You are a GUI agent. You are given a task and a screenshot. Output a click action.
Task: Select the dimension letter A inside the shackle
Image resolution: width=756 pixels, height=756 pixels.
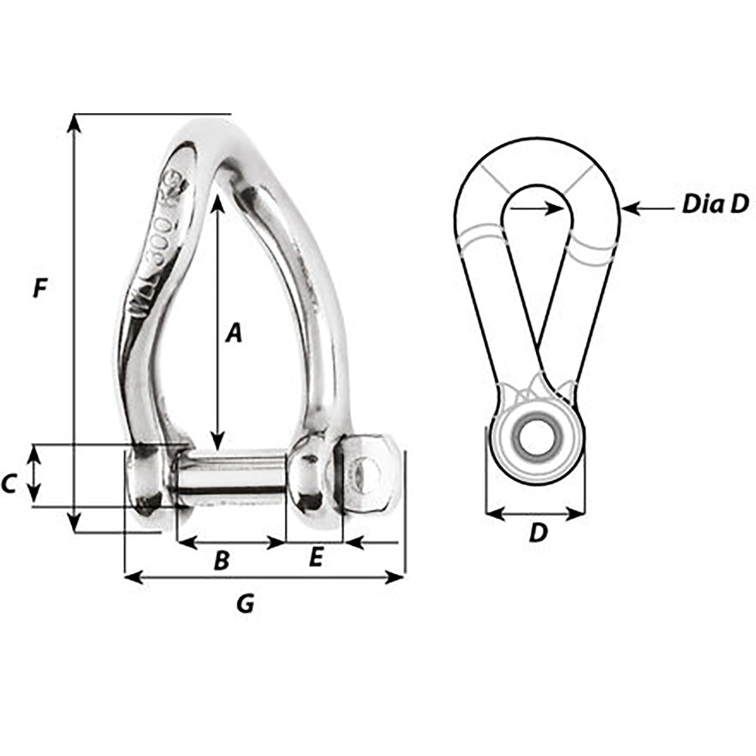(234, 332)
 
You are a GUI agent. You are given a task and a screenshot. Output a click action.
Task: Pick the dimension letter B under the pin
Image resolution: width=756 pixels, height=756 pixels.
(221, 560)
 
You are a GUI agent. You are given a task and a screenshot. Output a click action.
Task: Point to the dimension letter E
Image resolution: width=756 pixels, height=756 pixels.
(316, 558)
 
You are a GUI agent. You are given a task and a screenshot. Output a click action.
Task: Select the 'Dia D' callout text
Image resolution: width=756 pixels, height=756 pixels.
(714, 203)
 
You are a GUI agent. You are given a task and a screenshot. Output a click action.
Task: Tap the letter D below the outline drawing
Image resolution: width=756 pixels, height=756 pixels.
(537, 533)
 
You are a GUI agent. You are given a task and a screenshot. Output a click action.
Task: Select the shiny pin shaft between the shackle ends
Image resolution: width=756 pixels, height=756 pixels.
(231, 476)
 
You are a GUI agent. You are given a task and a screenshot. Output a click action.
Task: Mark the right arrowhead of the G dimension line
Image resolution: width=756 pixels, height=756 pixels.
(399, 578)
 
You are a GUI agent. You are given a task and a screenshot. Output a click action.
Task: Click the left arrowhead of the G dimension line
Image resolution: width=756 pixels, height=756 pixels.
(131, 578)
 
